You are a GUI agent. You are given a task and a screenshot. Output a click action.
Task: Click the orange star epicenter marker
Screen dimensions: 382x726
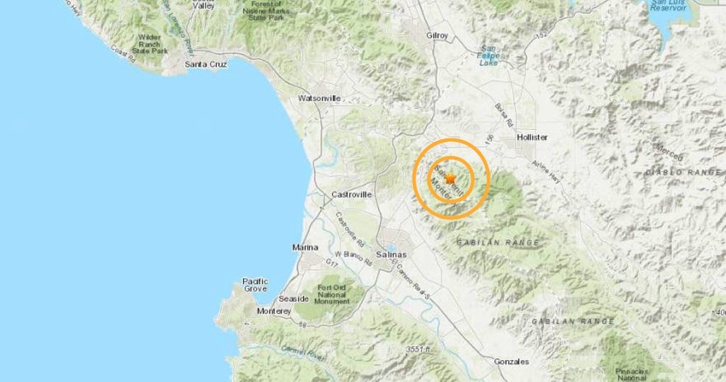point(450,179)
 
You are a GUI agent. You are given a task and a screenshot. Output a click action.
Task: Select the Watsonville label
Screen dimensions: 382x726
point(319,97)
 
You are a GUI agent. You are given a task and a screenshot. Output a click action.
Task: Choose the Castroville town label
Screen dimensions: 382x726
point(352,194)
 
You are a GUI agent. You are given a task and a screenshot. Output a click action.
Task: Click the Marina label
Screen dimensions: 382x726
point(306,247)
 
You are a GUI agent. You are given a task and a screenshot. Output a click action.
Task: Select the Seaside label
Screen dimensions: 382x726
point(274,298)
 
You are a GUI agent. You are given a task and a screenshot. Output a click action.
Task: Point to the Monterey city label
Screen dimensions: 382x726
point(274,311)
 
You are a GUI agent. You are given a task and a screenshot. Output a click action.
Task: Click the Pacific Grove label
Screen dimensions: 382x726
point(255,285)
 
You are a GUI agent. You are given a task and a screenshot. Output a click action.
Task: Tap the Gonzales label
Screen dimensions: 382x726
point(511,361)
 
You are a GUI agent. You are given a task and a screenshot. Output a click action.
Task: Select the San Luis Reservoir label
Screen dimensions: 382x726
point(667,8)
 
